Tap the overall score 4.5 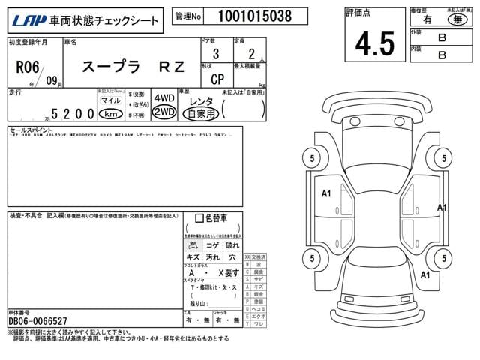(x=374, y=43)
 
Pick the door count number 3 (x=216, y=54)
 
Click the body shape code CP (x=216, y=78)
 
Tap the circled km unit (x=111, y=113)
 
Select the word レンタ (x=200, y=100)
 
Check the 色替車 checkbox (x=199, y=218)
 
